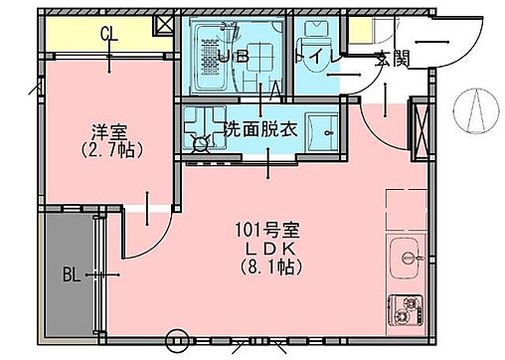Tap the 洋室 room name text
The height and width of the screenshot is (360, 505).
110,129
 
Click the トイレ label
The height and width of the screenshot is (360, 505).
323,57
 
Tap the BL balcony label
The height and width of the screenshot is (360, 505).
71,272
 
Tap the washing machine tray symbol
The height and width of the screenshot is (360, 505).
204,128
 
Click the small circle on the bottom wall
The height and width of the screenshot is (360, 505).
179,337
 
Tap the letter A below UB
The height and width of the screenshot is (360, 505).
272,88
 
